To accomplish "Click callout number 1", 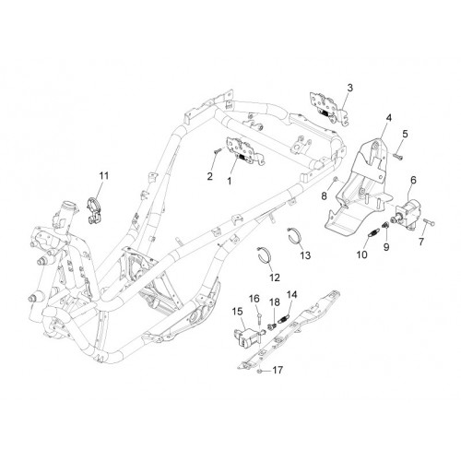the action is coord(230,182).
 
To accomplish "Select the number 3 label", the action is coord(350,88).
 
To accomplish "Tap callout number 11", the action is coord(104,176).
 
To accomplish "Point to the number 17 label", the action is coord(278,371).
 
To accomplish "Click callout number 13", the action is coord(305,255).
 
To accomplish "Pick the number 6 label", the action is coord(413,180).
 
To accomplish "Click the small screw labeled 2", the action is coord(218,150).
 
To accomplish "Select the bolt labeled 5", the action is coord(398,156).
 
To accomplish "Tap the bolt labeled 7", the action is coord(430,221).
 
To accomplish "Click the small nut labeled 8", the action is coord(336,179).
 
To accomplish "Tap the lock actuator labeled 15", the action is coord(247,337).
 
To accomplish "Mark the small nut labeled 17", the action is coord(259,372).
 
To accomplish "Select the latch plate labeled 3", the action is coord(329,108).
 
